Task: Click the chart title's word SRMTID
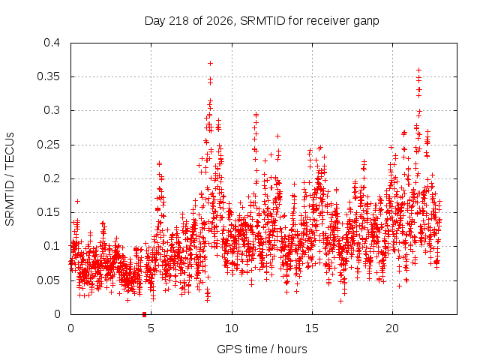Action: click(x=262, y=21)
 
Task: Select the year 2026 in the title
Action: click(x=220, y=21)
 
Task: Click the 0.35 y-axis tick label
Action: click(x=48, y=76)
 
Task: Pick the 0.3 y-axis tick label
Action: click(x=52, y=110)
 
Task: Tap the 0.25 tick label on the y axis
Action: click(x=48, y=145)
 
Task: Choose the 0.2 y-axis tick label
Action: click(x=52, y=178)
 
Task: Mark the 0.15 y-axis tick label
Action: click(x=48, y=212)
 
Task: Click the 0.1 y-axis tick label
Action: click(x=52, y=246)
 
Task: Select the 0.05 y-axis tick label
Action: click(x=48, y=280)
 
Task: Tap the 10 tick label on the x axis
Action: click(x=232, y=328)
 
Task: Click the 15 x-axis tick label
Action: click(x=312, y=328)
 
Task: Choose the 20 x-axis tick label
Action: click(x=392, y=328)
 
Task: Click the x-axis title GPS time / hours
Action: click(x=262, y=349)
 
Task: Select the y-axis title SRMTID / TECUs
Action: click(x=10, y=179)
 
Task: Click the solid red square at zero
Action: click(x=145, y=314)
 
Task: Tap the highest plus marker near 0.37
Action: click(x=210, y=63)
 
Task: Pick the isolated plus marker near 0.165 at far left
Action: click(x=77, y=201)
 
